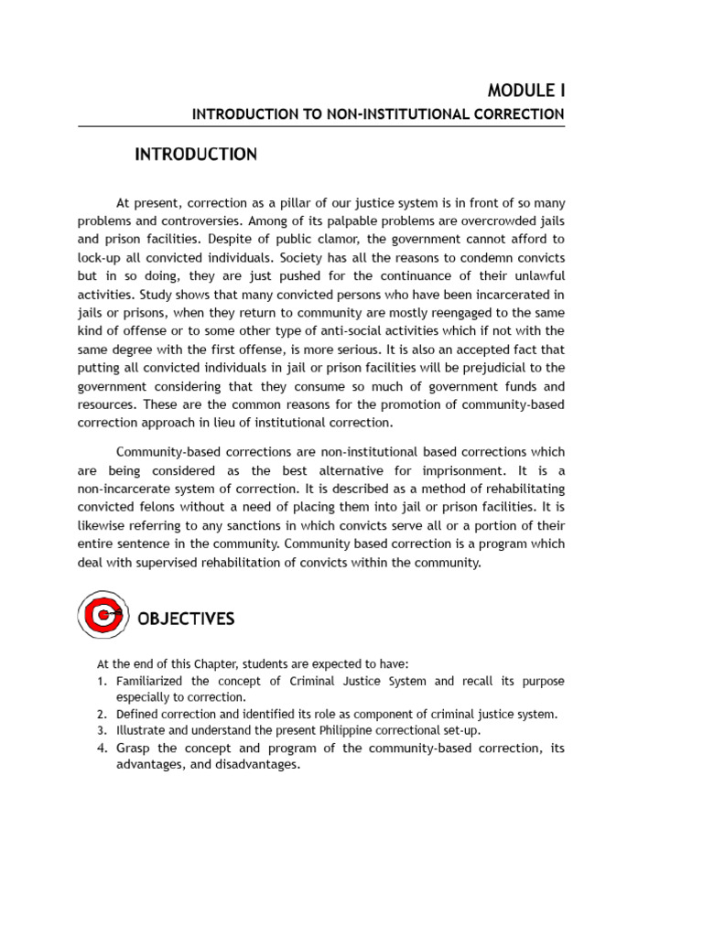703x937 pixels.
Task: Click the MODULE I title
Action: [526, 91]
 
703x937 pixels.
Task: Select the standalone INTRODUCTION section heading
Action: [196, 155]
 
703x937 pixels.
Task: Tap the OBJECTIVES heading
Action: [186, 619]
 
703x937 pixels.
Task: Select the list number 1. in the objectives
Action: [103, 681]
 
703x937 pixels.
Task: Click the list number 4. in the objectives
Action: [103, 749]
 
